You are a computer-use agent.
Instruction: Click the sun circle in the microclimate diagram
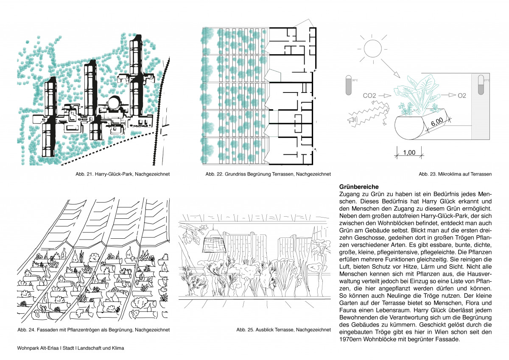373,49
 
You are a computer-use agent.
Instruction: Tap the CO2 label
369,96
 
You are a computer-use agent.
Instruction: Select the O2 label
462,96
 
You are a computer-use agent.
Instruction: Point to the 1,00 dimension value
409,152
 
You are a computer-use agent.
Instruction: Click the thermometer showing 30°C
349,85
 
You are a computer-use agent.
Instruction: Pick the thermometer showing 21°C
481,85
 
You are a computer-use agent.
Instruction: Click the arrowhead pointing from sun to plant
397,75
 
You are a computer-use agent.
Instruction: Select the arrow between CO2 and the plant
384,96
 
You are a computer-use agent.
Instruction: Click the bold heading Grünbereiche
359,187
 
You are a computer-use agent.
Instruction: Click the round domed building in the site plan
114,103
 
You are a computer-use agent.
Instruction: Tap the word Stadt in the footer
68,348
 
